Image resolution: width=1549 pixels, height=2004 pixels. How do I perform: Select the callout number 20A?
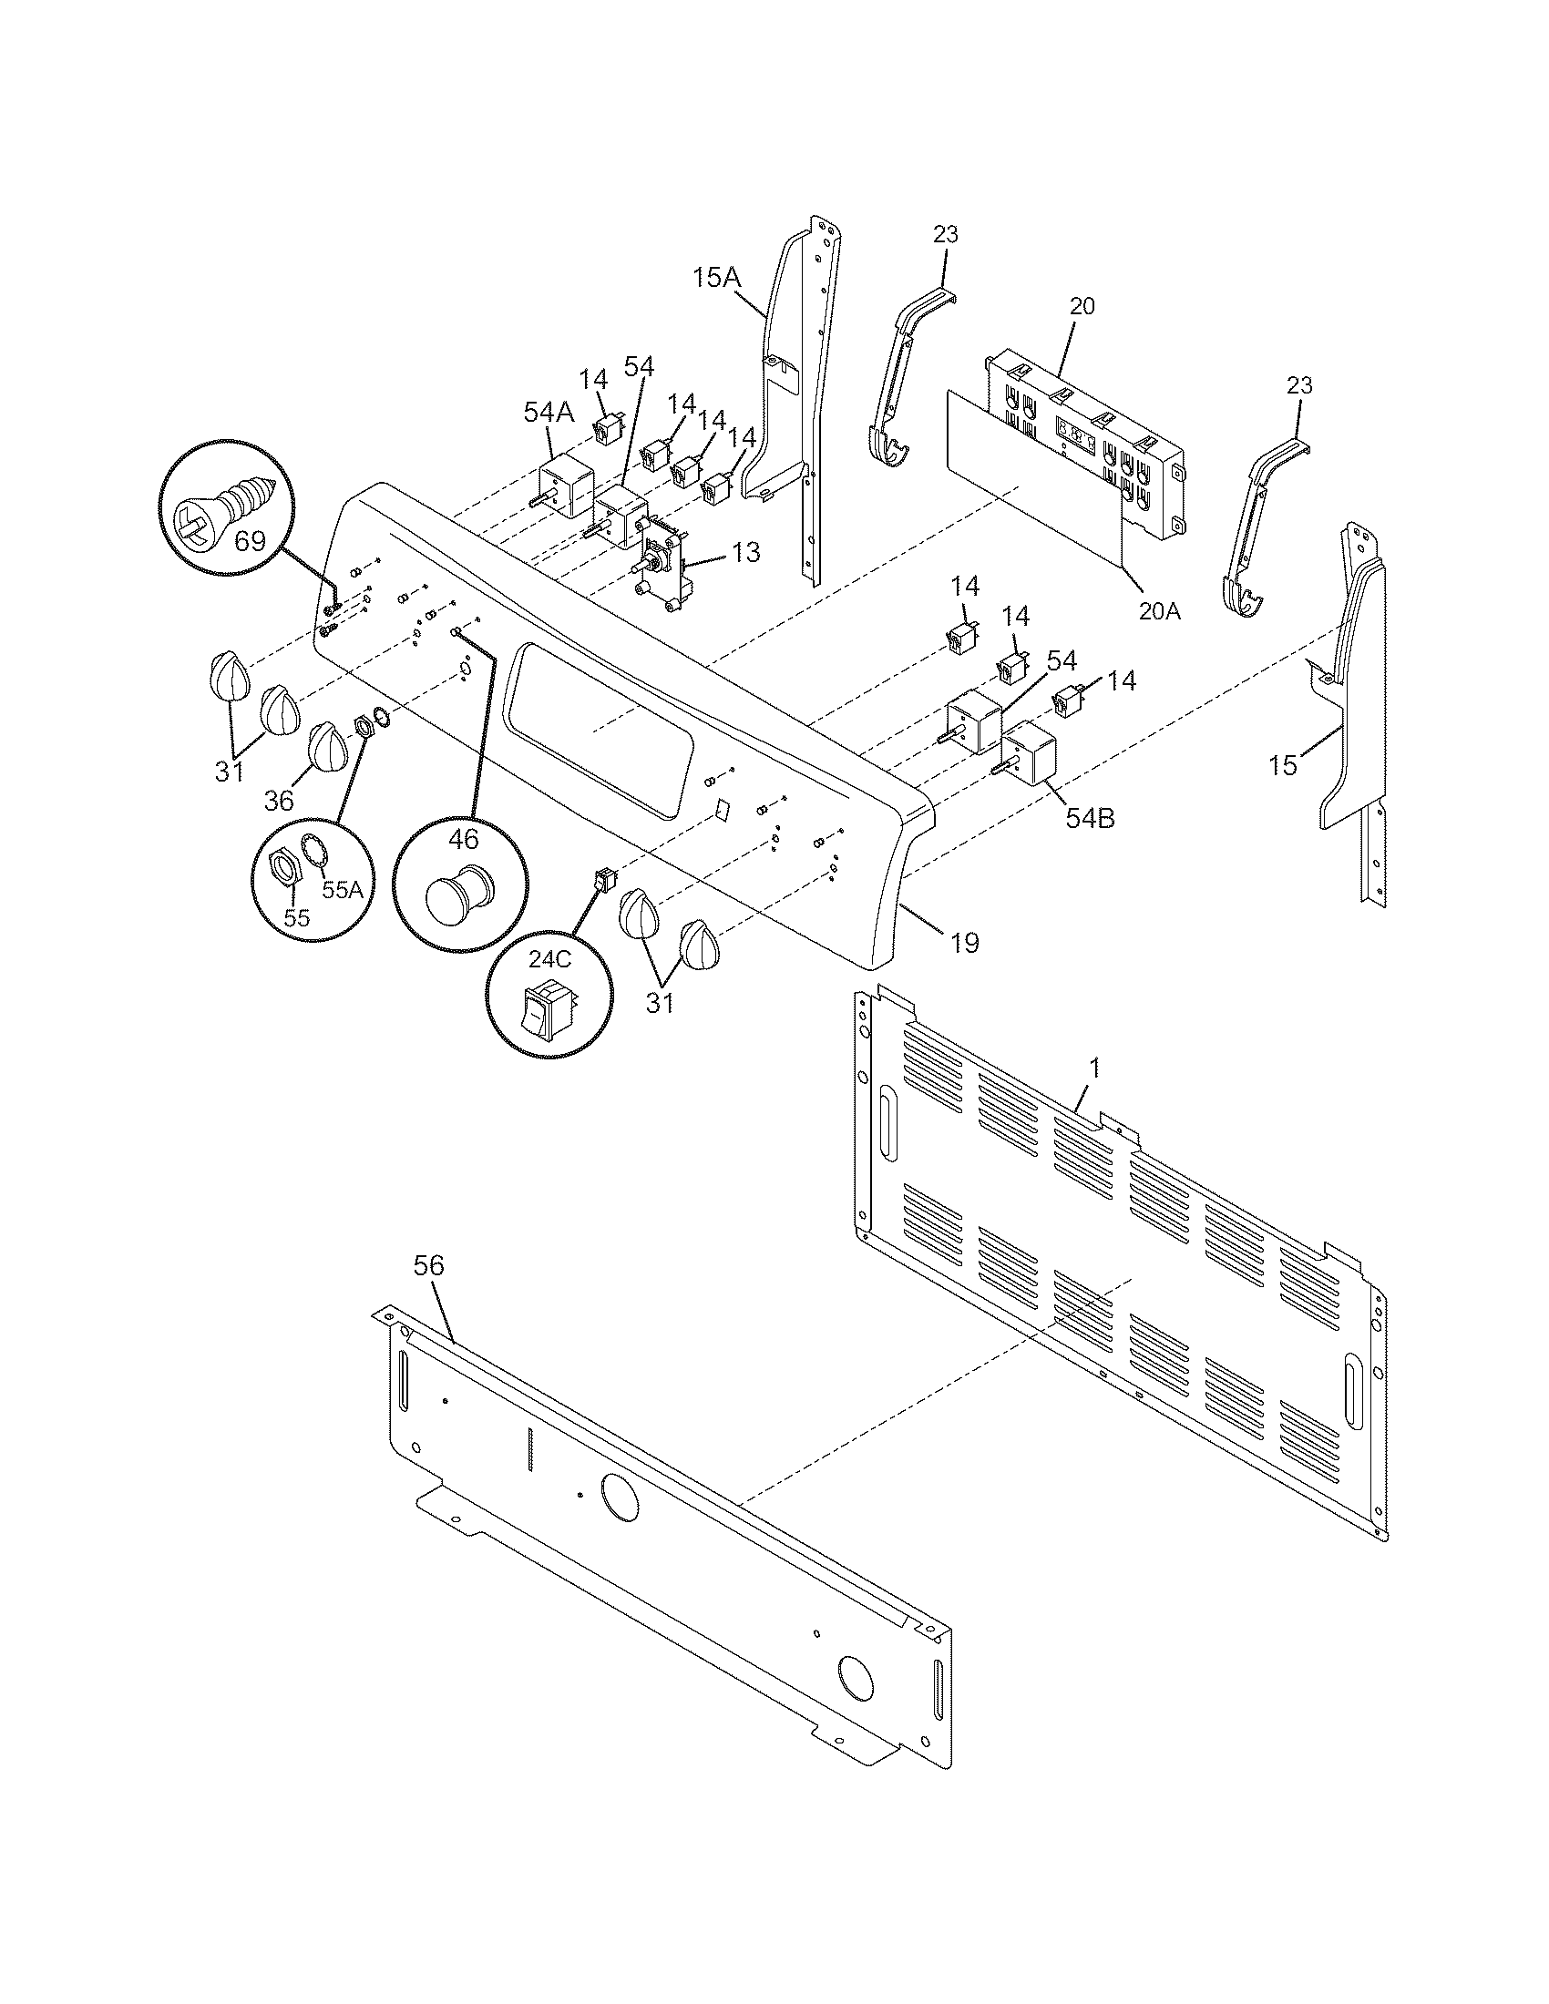1159,611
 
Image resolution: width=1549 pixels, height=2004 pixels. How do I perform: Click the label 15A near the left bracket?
715,277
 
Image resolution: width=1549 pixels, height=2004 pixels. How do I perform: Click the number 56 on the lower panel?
428,1265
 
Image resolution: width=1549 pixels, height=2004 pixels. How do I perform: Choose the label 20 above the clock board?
1082,306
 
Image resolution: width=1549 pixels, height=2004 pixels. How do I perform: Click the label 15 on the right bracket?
1283,764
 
